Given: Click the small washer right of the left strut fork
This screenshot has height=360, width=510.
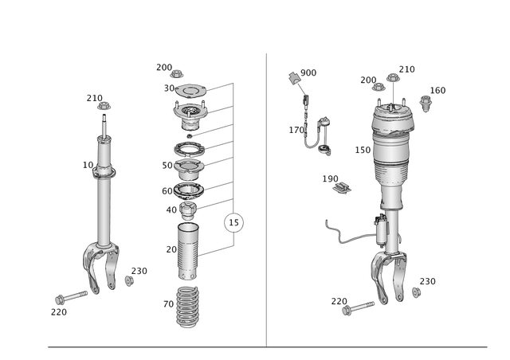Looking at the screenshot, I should point(129,281).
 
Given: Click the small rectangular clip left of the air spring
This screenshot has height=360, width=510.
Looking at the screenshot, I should point(343,186).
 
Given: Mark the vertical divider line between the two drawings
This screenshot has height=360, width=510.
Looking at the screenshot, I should point(265,199).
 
